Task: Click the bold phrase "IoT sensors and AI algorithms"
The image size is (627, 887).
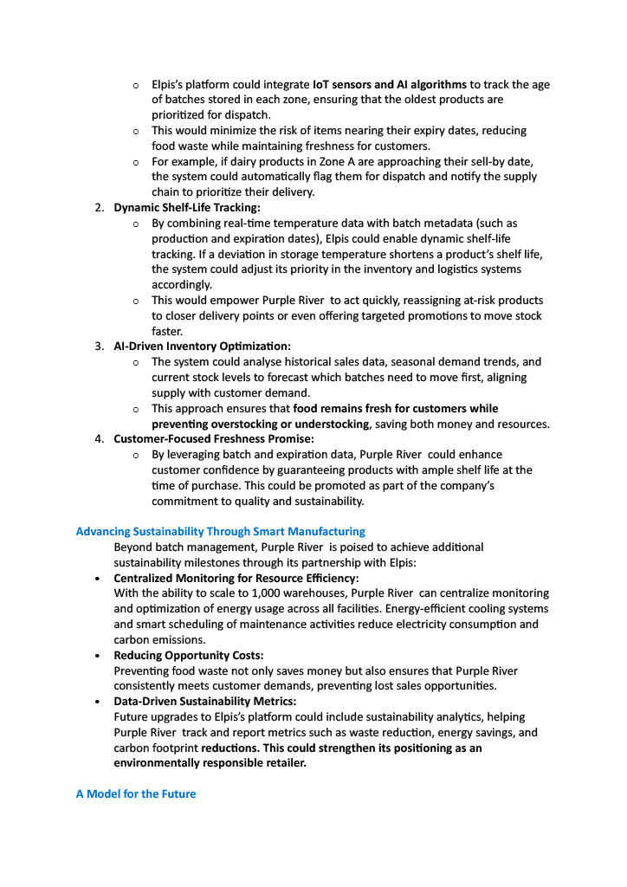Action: [x=390, y=85]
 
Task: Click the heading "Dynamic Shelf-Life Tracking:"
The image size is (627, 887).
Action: [x=187, y=208]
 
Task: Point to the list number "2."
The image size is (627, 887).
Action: [x=100, y=208]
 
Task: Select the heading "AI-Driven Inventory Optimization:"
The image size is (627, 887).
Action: [x=203, y=346]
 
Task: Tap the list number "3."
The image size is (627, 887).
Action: [x=100, y=346]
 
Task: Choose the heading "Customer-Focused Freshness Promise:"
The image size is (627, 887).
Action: [x=214, y=439]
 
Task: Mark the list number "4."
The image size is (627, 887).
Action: [x=100, y=439]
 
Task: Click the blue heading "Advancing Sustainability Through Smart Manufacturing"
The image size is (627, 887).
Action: [x=221, y=531]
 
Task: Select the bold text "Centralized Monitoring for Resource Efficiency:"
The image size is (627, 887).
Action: [x=236, y=578]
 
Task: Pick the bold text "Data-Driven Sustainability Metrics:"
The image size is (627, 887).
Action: [x=205, y=702]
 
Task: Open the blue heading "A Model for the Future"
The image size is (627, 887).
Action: [x=136, y=793]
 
